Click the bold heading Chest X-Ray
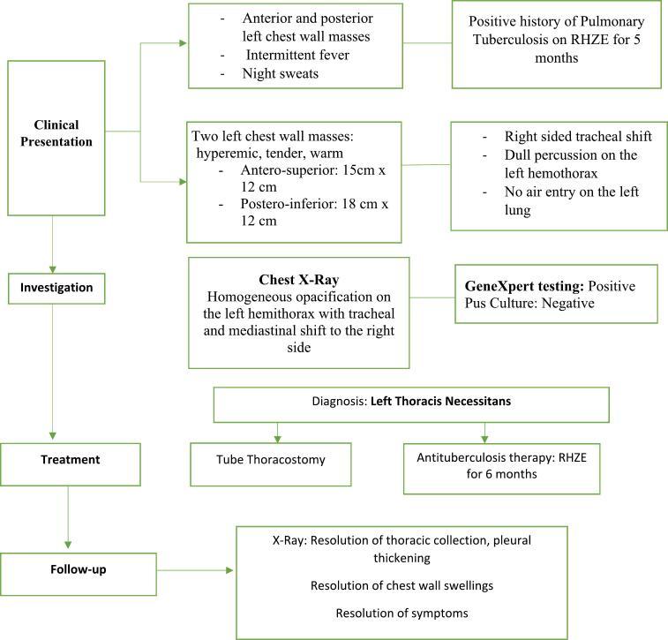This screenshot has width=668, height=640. click(299, 280)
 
